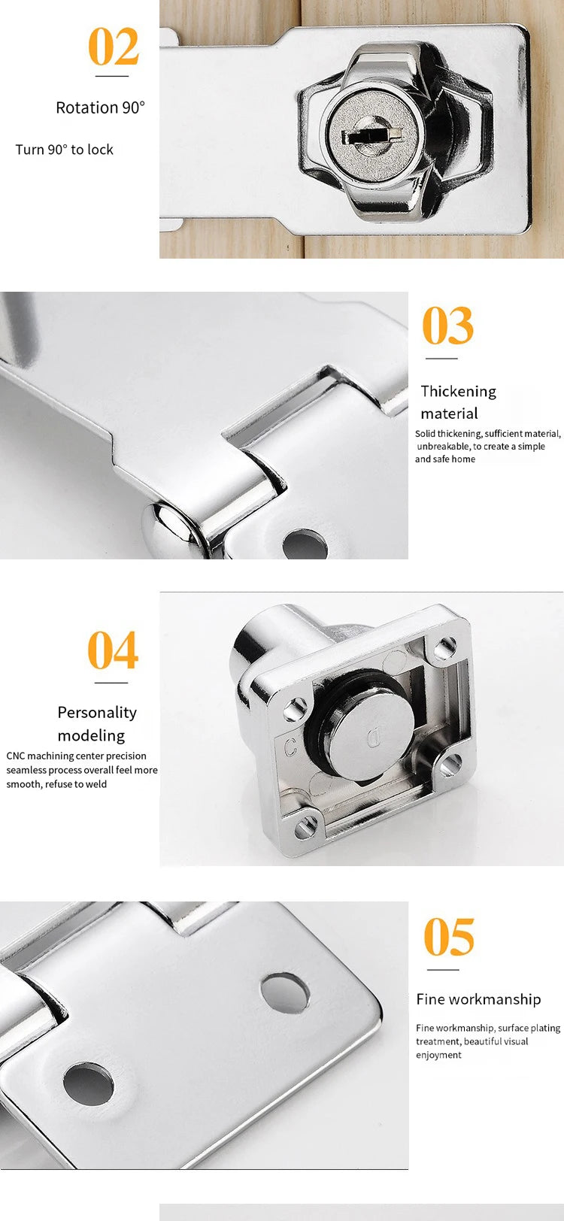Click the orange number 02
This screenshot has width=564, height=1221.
pyautogui.click(x=114, y=47)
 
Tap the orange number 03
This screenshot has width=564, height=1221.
pyautogui.click(x=448, y=326)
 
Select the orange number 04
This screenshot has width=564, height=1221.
pyautogui.click(x=113, y=650)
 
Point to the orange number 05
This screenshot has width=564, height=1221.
pyautogui.click(x=449, y=937)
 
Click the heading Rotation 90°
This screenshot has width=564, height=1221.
pyautogui.click(x=100, y=108)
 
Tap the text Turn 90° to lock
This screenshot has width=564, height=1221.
pyautogui.click(x=65, y=150)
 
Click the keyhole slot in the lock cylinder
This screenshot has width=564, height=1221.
pyautogui.click(x=368, y=136)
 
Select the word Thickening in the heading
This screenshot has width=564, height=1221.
pyautogui.click(x=459, y=391)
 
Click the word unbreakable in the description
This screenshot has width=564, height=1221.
pyautogui.click(x=442, y=447)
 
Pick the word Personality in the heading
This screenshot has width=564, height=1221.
pyautogui.click(x=97, y=712)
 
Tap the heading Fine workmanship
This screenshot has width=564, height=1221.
pyautogui.click(x=478, y=999)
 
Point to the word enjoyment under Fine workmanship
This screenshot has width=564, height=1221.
pyautogui.click(x=438, y=1055)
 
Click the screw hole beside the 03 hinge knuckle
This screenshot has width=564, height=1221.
pyautogui.click(x=305, y=543)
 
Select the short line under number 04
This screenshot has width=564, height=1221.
pyautogui.click(x=111, y=683)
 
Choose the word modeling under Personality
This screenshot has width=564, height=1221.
pyautogui.click(x=91, y=735)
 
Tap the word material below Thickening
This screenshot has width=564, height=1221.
pyautogui.click(x=449, y=414)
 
